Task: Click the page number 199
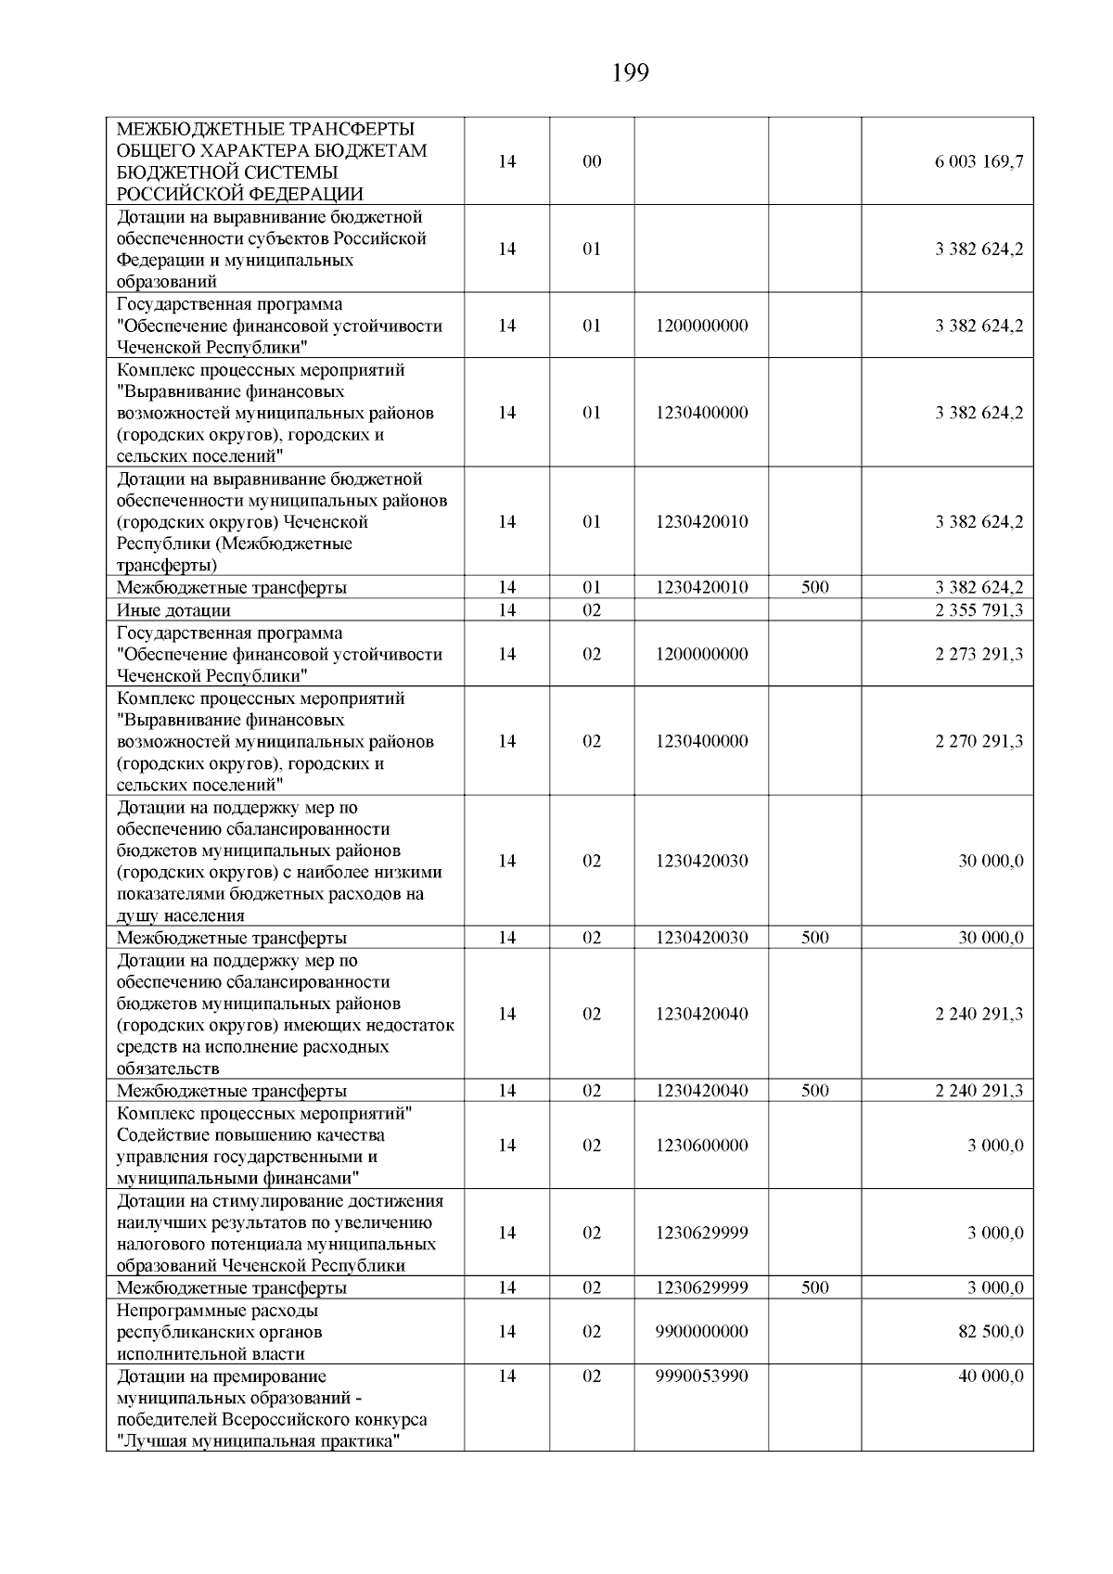click(x=631, y=72)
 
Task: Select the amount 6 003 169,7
click(x=979, y=161)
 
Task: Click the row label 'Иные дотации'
click(x=173, y=610)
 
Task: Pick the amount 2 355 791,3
click(x=979, y=610)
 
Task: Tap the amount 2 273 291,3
click(x=979, y=654)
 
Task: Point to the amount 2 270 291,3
click(x=979, y=741)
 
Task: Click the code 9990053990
click(x=701, y=1376)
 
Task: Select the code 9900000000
click(x=701, y=1332)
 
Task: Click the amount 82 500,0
click(x=991, y=1332)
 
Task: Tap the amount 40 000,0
click(x=991, y=1376)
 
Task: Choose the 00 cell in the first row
click(x=592, y=161)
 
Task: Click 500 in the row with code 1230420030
click(x=814, y=938)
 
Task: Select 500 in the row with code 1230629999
click(x=814, y=1288)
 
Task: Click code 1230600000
click(x=701, y=1145)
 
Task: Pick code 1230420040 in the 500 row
click(x=701, y=1091)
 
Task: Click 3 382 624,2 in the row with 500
click(x=979, y=588)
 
